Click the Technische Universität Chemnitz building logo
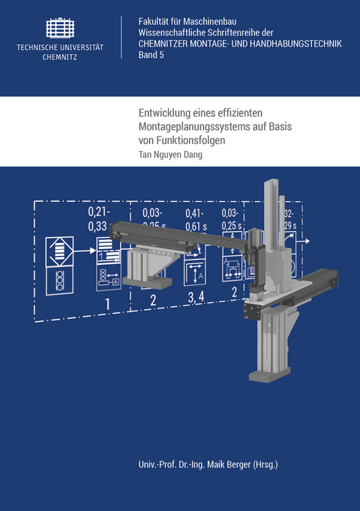(x=61, y=28)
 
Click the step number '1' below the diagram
(x=108, y=303)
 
